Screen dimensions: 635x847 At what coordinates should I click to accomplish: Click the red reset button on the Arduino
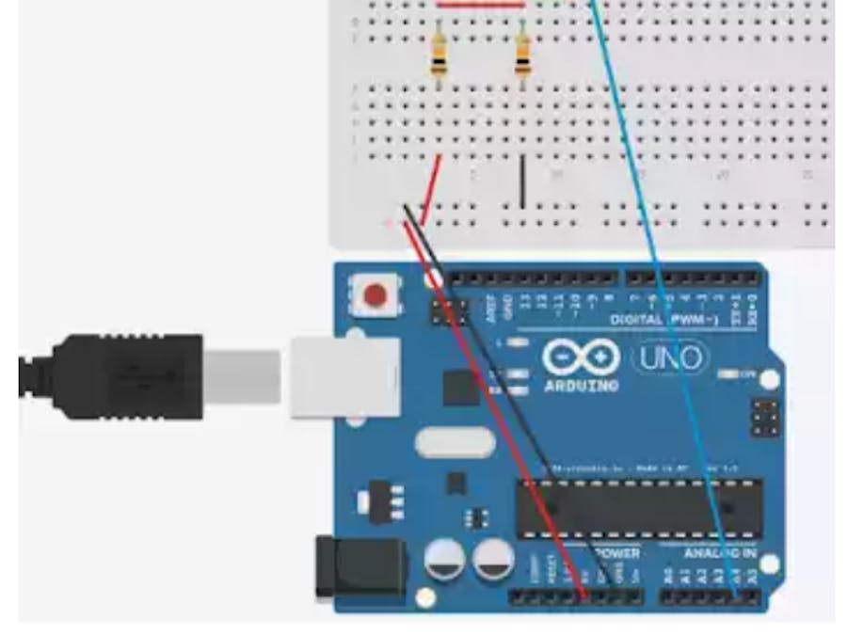(x=375, y=296)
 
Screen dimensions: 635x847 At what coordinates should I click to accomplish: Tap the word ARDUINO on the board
(x=582, y=386)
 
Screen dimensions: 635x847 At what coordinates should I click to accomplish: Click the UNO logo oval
(x=670, y=357)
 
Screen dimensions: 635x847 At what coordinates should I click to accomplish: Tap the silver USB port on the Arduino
(x=344, y=376)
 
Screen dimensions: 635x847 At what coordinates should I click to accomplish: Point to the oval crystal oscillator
(x=455, y=442)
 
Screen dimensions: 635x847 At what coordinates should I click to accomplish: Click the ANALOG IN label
(x=719, y=553)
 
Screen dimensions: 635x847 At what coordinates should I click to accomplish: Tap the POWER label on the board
(x=617, y=553)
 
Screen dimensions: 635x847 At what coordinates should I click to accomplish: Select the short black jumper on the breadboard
(x=522, y=183)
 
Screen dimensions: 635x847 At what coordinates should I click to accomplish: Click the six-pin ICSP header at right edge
(x=764, y=418)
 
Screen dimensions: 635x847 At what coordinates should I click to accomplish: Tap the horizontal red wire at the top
(x=481, y=4)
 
